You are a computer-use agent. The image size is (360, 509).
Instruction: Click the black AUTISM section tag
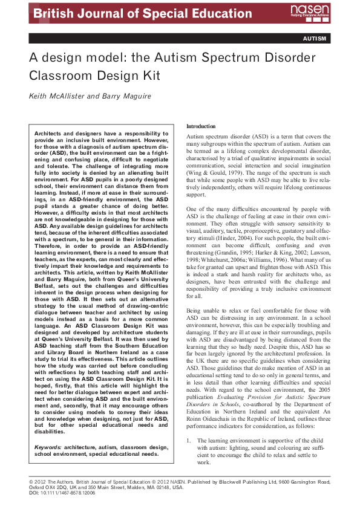point(315,39)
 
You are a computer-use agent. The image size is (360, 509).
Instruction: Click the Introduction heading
point(200,126)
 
